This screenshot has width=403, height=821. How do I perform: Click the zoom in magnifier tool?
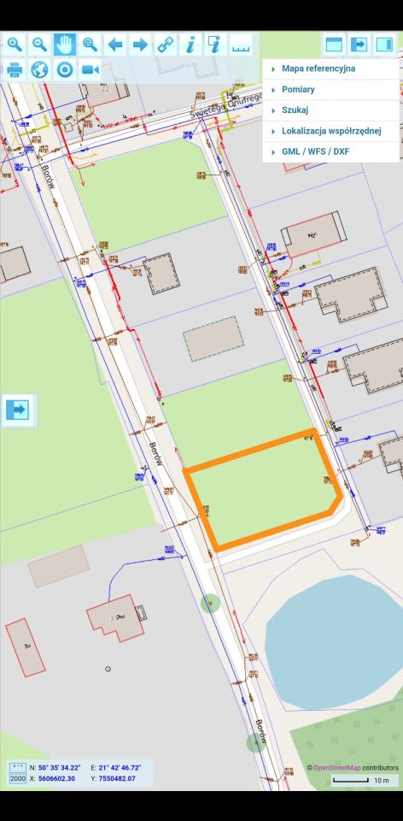15,44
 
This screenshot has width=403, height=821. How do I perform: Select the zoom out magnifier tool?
39,44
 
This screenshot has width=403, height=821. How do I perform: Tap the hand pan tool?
65,44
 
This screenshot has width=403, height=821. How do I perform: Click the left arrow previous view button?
115,44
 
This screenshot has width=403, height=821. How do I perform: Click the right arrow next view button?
140,44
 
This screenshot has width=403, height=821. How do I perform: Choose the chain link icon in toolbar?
165,44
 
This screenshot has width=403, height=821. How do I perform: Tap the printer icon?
15,69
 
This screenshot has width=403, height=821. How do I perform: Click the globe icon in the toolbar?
39,69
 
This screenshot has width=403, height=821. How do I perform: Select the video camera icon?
91,69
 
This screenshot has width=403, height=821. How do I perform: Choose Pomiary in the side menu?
298,90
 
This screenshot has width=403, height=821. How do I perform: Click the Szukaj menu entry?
295,110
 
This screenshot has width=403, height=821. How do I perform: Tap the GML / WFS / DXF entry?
315,151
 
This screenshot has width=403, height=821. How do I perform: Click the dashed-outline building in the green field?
213,339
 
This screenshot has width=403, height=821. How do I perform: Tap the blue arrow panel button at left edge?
17,410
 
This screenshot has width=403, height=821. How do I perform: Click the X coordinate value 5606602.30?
56,778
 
